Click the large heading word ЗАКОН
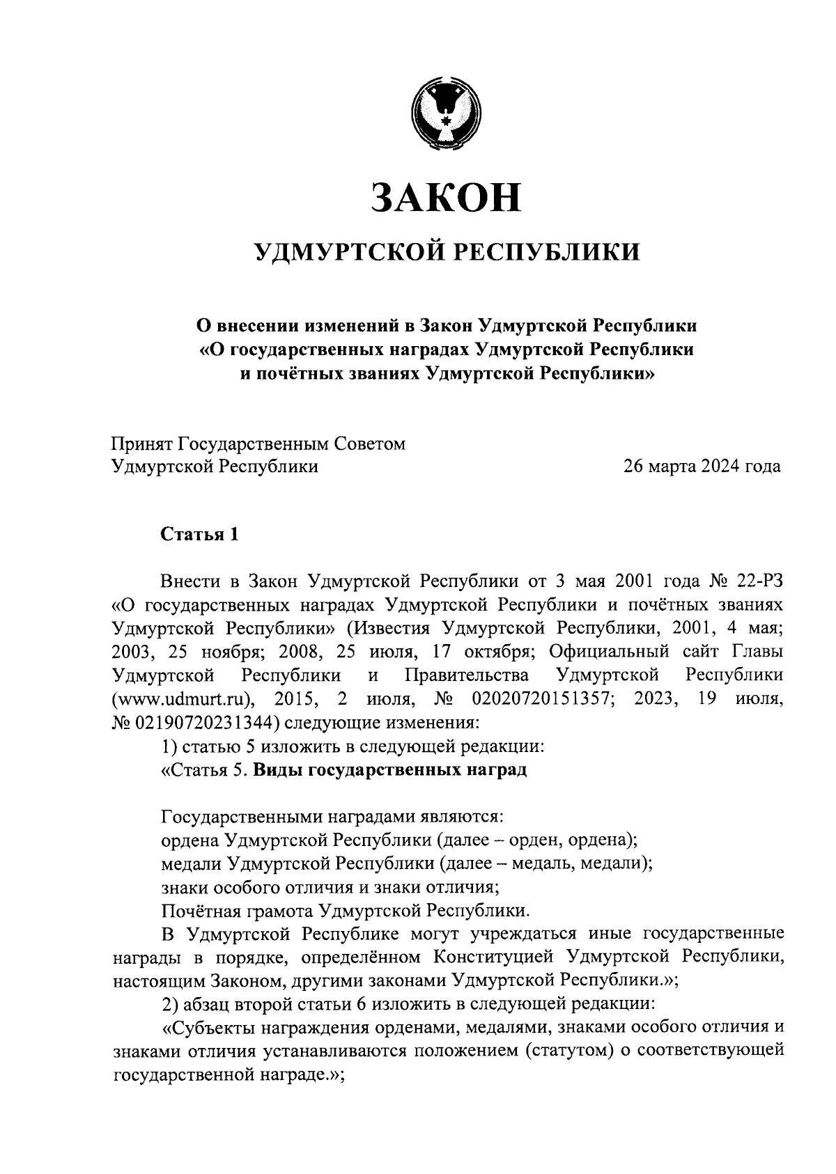[447, 198]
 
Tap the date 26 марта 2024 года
[702, 467]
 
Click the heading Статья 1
[200, 534]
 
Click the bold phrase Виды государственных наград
[389, 770]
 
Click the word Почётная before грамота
[201, 910]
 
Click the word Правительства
[466, 675]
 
